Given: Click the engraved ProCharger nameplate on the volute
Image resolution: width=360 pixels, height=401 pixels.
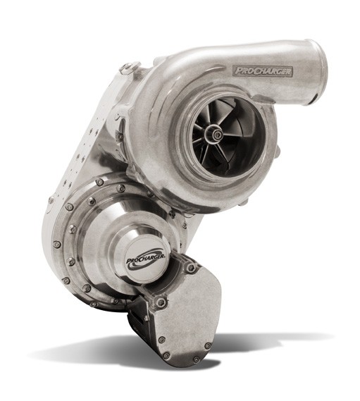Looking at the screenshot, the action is point(263,71).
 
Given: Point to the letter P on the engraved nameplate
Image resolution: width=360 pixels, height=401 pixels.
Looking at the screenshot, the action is point(238,70).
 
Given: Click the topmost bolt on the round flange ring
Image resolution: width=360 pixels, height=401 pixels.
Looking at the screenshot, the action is point(99,182).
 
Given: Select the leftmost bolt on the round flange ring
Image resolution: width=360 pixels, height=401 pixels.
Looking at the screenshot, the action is point(56,244).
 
